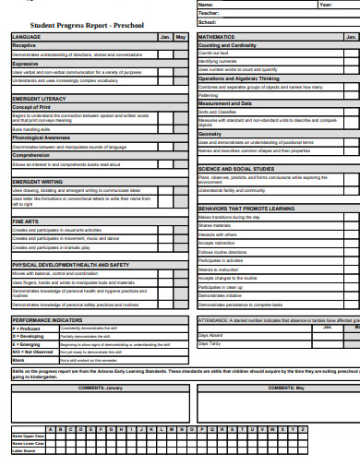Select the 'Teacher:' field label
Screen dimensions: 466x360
(x=210, y=13)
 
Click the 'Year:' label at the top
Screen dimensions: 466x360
(x=327, y=5)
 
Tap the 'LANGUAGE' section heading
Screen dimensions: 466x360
(x=27, y=37)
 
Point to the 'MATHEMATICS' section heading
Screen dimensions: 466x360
(x=218, y=37)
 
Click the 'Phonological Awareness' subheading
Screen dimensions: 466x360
(x=41, y=137)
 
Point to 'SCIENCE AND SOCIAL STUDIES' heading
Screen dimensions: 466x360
(x=236, y=169)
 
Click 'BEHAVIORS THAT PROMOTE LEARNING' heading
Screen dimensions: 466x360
(x=246, y=209)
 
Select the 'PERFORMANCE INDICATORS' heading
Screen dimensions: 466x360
(x=46, y=320)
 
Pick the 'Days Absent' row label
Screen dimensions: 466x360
(x=211, y=335)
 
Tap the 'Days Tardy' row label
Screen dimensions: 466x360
(x=210, y=343)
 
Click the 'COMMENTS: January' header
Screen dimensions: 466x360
(x=100, y=388)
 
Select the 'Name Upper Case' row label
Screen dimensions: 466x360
(x=29, y=436)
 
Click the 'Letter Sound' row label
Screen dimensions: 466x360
(x=24, y=450)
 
